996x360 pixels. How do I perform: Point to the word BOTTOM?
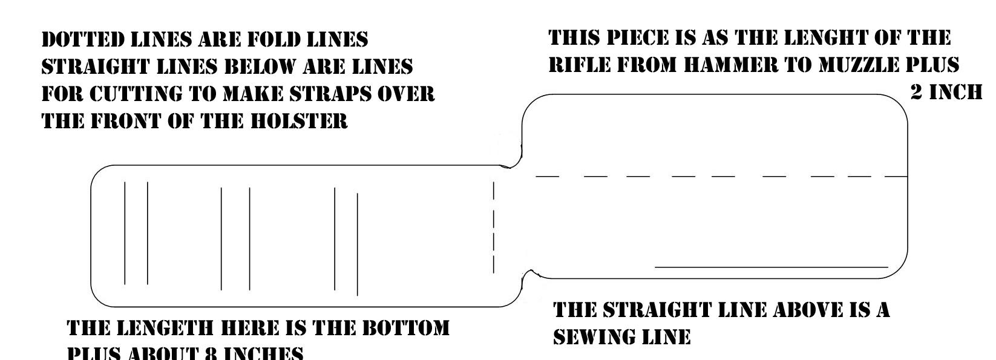point(405,329)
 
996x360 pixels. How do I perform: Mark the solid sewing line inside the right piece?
point(772,266)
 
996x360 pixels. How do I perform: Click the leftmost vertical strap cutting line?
point(125,233)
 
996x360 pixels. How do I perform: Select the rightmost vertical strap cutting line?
point(357,244)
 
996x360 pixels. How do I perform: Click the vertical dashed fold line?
point(494,227)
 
